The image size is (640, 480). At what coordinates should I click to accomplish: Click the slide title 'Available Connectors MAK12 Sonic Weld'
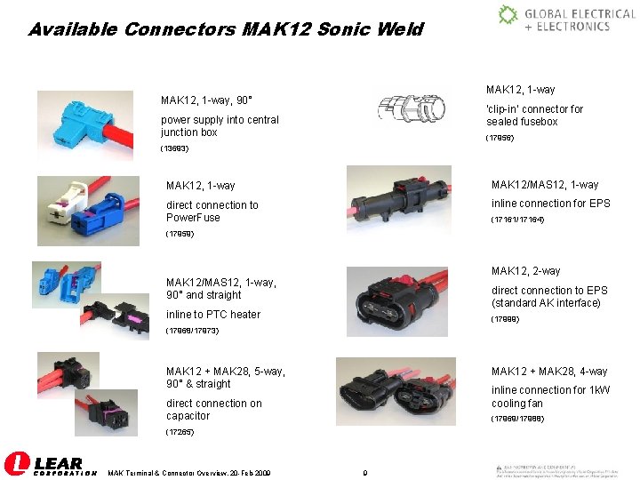coord(226,29)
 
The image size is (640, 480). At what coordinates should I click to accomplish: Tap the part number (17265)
coord(179,432)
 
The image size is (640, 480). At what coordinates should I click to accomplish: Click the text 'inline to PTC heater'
coord(213,314)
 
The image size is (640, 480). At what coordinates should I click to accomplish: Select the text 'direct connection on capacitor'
coord(213,409)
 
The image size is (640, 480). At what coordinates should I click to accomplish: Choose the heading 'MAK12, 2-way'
coord(525,271)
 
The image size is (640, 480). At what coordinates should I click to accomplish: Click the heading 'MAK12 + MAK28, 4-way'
coord(549,371)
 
